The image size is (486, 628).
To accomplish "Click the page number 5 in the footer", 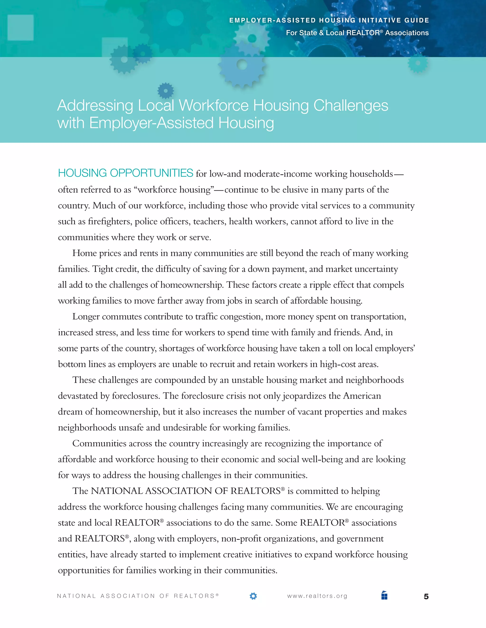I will (426, 596).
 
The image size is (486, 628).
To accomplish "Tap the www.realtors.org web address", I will (317, 596).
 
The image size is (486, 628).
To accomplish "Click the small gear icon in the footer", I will (253, 596).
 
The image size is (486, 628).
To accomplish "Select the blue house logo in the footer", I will (384, 595).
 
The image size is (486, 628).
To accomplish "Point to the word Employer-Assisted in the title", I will (152, 123).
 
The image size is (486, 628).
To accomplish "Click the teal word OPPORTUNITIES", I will (151, 173).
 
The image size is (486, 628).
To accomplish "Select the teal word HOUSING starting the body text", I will (82, 173).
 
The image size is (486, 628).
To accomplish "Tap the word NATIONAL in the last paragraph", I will (117, 491).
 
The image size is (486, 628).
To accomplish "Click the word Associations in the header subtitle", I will (407, 33).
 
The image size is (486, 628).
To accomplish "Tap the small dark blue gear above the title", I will (166, 91).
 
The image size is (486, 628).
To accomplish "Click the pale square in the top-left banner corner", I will (20, 27).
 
